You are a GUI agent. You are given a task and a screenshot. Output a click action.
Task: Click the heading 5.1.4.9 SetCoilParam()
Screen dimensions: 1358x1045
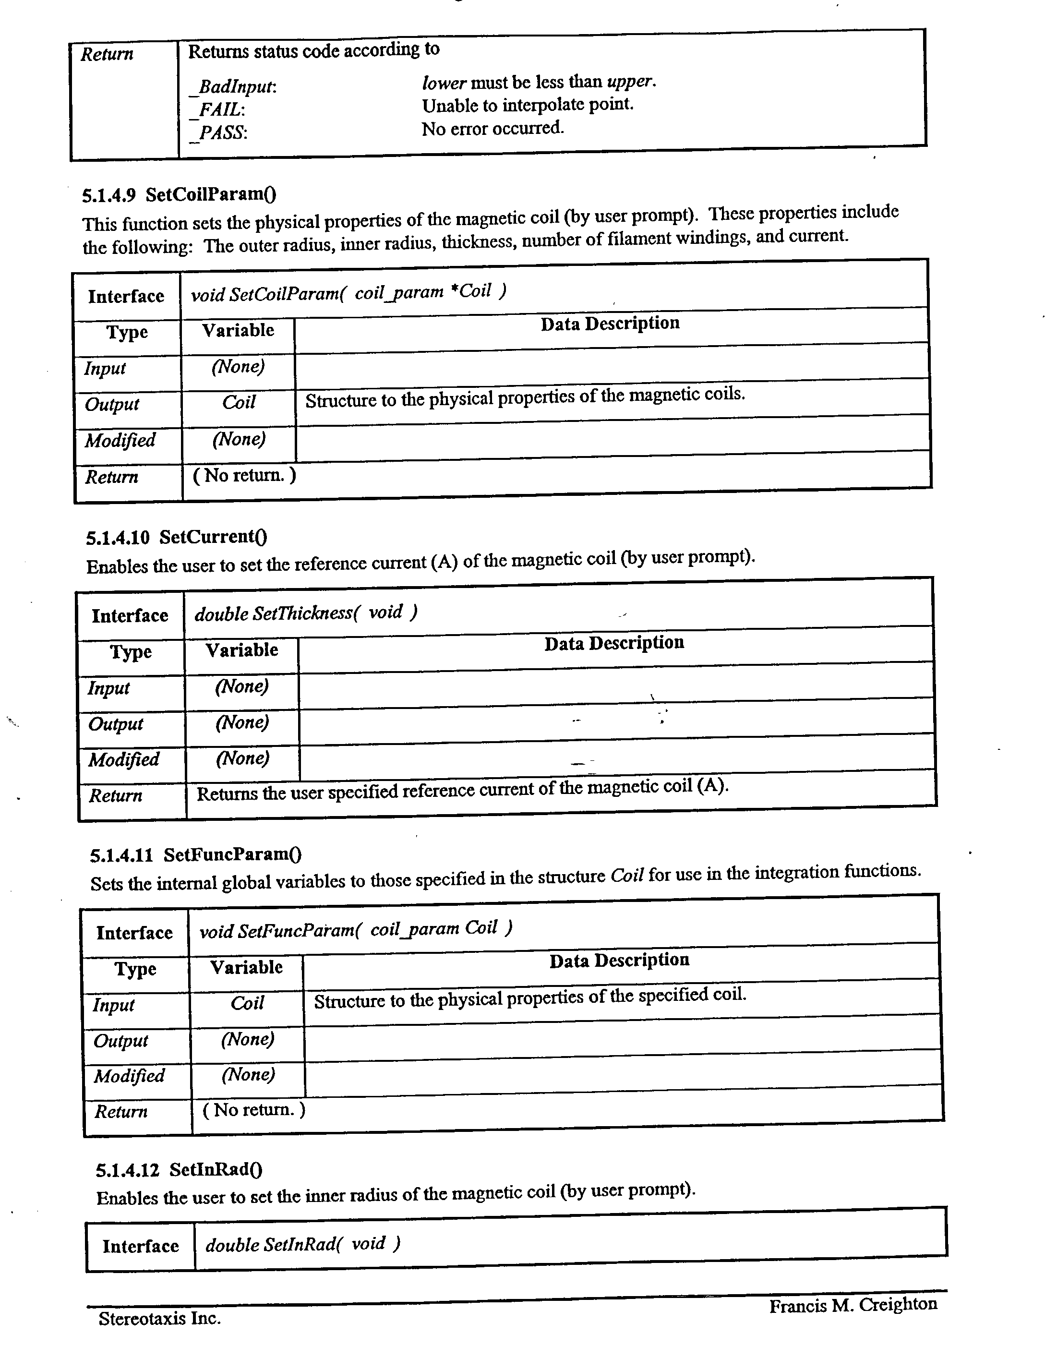pos(179,194)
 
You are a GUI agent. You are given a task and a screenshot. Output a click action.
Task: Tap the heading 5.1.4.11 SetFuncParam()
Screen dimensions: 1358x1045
pos(196,855)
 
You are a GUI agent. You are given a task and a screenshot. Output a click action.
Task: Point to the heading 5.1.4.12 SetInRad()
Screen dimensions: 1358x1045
pos(179,1170)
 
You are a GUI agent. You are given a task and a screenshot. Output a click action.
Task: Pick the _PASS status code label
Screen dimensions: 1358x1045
pos(219,133)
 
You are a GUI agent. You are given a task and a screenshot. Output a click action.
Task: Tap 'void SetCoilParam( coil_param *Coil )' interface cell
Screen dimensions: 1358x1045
pos(348,292)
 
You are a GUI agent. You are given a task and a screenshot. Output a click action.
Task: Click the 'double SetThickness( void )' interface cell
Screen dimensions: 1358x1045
pos(306,613)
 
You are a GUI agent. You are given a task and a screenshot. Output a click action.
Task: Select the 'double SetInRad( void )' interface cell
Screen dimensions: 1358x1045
pos(303,1244)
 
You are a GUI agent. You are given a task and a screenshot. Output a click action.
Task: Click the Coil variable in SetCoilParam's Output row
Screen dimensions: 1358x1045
pos(239,402)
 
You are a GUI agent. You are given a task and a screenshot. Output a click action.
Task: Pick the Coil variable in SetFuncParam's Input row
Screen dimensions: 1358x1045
pos(247,1003)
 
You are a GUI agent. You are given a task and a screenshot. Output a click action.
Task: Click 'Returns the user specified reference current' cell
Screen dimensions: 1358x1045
pos(462,790)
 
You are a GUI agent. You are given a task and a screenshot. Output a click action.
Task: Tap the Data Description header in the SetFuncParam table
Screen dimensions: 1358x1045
pos(619,961)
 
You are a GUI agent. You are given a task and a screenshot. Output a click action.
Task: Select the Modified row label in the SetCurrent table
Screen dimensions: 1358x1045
pos(124,759)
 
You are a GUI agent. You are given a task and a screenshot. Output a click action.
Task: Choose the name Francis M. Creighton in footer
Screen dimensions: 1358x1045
pos(853,1305)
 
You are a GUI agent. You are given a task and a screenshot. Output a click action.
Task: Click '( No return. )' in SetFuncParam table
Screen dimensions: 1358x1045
pos(253,1110)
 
